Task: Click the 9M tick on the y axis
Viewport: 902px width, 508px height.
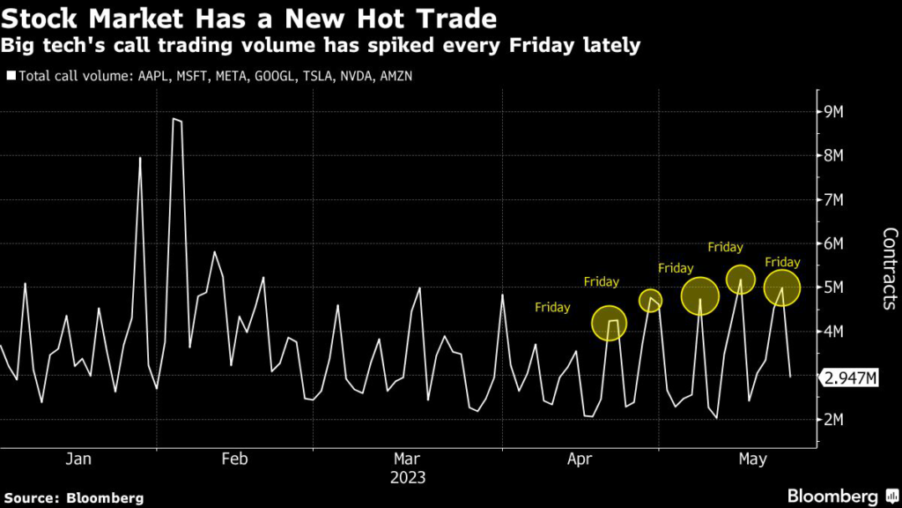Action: [832, 112]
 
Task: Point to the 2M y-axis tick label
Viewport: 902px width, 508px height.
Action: [832, 420]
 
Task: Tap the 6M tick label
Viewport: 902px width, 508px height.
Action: [832, 243]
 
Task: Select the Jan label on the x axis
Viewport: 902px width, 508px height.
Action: [78, 459]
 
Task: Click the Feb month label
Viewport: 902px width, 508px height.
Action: [234, 459]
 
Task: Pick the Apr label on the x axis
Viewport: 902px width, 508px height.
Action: [580, 459]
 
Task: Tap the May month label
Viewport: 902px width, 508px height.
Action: [751, 459]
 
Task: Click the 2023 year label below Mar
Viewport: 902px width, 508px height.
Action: [407, 478]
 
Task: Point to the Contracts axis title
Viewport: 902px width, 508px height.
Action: [889, 268]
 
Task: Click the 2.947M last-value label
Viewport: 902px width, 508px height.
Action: [848, 378]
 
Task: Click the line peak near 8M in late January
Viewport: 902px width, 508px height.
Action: [140, 158]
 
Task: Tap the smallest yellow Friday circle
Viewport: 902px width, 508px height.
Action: [650, 299]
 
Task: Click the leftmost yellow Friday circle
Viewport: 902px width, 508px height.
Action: [609, 323]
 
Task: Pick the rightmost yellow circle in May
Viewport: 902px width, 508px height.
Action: [781, 287]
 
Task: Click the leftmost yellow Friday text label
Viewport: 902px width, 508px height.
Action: [552, 308]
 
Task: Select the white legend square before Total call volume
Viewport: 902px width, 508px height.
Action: [11, 76]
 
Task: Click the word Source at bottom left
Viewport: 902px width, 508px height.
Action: [32, 497]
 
